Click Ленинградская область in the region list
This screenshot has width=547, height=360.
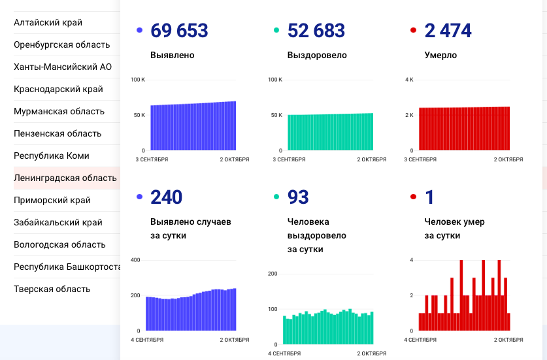coord(65,178)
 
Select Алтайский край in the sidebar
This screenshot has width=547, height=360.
coord(48,23)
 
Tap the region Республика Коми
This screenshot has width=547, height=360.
coord(52,155)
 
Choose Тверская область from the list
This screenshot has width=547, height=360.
coord(52,289)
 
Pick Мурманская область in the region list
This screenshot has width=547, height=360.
coord(59,111)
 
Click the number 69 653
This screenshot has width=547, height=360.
coord(179,31)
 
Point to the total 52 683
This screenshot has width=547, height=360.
coord(316,31)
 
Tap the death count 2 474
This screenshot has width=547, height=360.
coord(448,31)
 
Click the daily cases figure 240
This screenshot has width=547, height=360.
coord(166,197)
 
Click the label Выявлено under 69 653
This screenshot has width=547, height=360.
coord(172,56)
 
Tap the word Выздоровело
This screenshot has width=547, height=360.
coord(317,56)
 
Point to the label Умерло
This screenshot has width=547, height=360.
coord(440,56)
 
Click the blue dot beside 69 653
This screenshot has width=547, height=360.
coord(139,30)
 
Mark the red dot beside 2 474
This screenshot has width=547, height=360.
coord(412,30)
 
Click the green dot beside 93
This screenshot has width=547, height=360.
coord(276,197)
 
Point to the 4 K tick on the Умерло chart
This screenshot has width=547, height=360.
coord(409,80)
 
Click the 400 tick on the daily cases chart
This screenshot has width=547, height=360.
coord(135,260)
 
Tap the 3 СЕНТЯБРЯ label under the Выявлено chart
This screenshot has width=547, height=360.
coord(152,159)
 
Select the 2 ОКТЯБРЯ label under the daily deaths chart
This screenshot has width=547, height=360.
coord(508,340)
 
